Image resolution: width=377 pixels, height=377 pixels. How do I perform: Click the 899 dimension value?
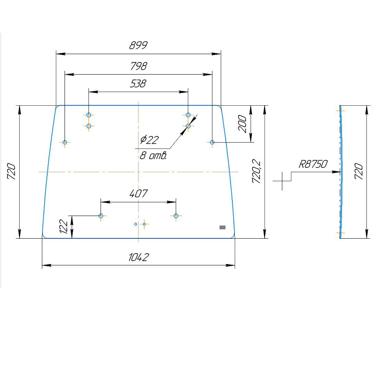pos(138,46)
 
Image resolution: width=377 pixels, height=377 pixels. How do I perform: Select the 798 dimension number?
pos(138,66)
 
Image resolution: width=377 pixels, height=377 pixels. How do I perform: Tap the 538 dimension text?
pos(138,84)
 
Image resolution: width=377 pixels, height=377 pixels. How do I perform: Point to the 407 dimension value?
pos(138,194)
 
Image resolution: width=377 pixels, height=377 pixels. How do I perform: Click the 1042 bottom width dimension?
pos(138,257)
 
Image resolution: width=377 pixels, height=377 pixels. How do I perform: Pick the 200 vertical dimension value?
pos(242,124)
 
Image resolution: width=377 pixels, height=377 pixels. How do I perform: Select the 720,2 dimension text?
pos(256,172)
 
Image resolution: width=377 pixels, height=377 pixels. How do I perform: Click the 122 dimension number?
pos(64,227)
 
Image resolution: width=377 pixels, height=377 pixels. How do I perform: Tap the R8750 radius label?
pos(313,164)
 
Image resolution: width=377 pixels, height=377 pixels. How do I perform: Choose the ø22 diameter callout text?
pos(149,140)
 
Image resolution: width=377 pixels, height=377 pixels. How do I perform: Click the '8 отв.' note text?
pos(153,156)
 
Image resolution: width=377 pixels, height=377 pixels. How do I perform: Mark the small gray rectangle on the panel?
pos(222,227)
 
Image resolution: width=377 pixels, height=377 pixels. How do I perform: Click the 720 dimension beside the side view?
pos(358,172)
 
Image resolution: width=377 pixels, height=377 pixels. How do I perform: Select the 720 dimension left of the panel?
pos(12,172)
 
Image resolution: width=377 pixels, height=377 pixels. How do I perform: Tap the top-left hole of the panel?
pos(89,115)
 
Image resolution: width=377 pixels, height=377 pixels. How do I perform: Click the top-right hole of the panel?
pos(188,115)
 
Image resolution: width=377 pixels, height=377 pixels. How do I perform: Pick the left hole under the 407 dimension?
pos(101,216)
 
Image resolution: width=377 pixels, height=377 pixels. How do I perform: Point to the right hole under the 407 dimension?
pos(176,216)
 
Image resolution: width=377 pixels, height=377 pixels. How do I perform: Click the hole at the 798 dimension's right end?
pos(212,142)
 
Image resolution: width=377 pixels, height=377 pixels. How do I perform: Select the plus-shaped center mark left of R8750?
pos(282,181)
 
